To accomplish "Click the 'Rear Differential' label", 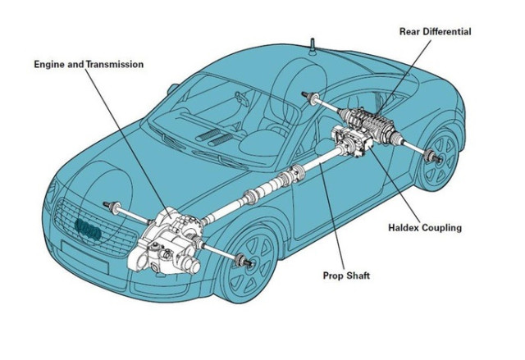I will [435, 31].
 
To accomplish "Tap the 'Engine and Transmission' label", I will [89, 63].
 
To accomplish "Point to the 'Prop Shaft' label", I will [346, 276].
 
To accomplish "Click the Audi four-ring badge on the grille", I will [87, 231].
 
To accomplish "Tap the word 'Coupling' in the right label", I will [444, 227].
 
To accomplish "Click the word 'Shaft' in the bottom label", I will [357, 276].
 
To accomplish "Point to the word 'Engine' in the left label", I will [49, 63].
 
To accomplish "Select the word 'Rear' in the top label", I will [409, 31].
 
